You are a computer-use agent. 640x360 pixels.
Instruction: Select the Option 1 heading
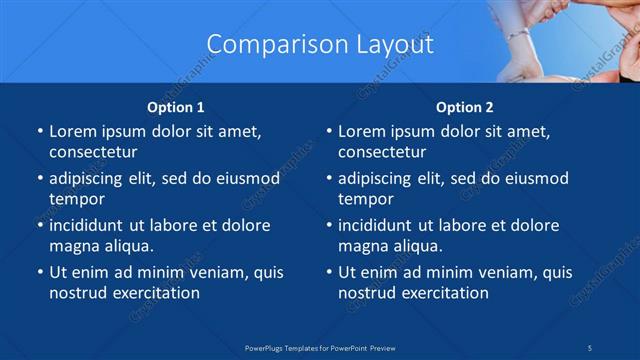point(176,107)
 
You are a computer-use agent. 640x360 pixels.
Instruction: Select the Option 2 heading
point(465,107)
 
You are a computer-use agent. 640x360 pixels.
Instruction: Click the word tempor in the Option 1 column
point(77,199)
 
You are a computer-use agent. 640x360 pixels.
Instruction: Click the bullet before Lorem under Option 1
point(39,131)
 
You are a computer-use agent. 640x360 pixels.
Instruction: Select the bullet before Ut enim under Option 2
point(328,272)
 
